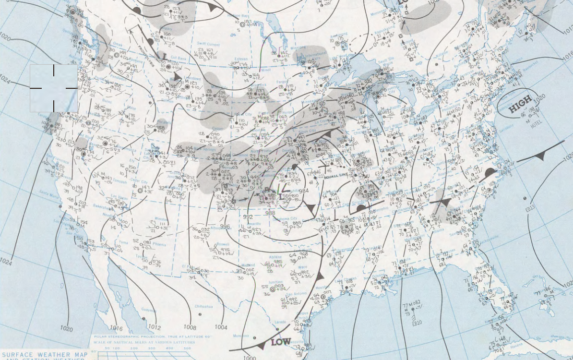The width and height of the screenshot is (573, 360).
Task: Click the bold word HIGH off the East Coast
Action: [520, 104]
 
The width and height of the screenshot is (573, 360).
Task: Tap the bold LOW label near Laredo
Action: [281, 342]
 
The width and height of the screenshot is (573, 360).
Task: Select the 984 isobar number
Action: [304, 191]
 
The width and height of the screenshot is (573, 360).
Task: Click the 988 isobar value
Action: [270, 213]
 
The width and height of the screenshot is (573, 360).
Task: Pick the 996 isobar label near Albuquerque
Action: [225, 227]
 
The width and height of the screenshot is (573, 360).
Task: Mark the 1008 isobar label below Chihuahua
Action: [190, 327]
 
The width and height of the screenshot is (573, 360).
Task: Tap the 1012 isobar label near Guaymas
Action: [154, 327]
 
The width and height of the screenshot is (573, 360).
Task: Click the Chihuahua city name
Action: [203, 306]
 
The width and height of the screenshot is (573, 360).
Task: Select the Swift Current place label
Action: [208, 44]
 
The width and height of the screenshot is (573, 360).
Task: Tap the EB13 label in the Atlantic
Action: [530, 208]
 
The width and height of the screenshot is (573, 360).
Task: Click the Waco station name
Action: [302, 267]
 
